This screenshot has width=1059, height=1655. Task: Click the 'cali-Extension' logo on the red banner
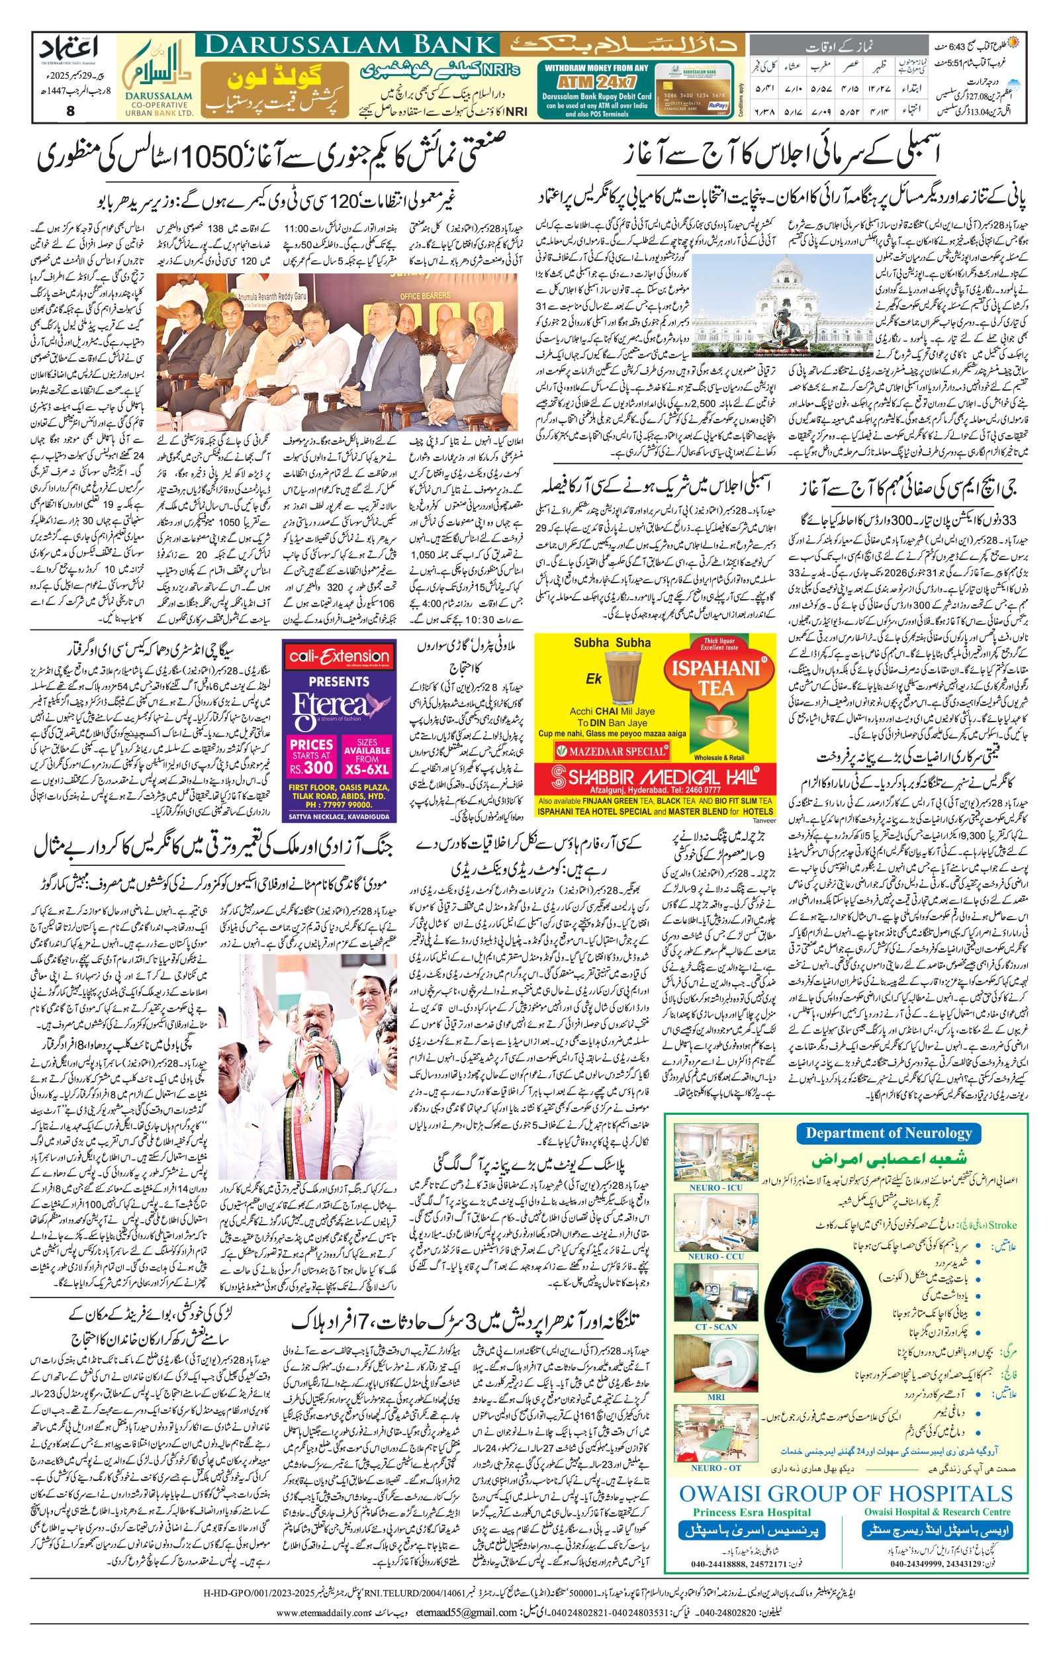coord(339,657)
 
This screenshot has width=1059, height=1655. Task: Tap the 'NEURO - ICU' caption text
coord(715,1188)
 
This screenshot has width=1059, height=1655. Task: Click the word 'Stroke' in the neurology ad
coord(1001,1225)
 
